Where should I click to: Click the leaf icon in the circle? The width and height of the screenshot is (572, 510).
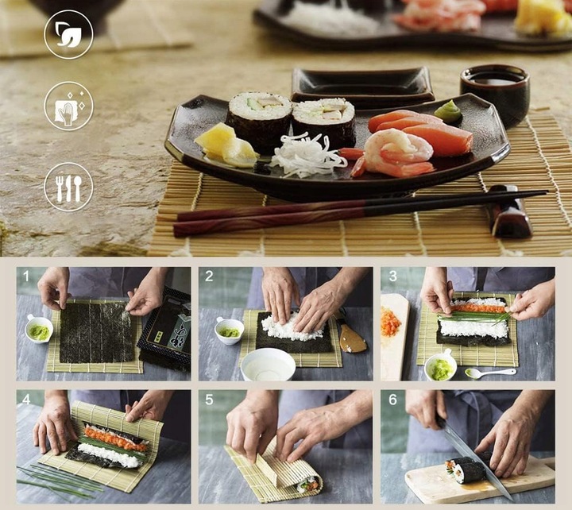(68, 34)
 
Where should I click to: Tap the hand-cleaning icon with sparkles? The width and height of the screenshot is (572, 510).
(68, 106)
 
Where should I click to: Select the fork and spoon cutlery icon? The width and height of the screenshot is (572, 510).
(68, 187)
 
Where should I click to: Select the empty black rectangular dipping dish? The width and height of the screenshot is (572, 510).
(361, 83)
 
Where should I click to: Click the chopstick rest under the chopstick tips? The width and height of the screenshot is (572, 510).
(511, 212)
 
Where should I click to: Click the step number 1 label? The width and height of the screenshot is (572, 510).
(26, 276)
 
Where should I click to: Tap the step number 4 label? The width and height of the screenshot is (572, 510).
(26, 400)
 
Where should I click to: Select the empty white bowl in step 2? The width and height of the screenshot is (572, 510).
(268, 364)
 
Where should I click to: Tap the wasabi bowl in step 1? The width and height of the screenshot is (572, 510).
(38, 328)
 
